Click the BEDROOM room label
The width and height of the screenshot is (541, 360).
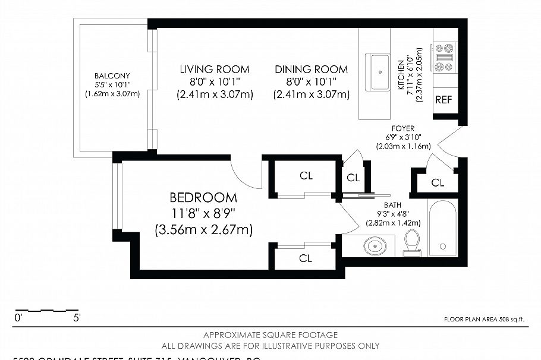(203, 198)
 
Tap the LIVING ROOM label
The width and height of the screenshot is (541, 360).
(215, 70)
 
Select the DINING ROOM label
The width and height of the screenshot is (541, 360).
(311, 70)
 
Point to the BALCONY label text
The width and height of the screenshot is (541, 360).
(112, 75)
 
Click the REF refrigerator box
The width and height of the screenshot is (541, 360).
(444, 100)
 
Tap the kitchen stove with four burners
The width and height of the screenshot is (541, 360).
(444, 58)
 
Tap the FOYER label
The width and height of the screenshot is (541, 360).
(402, 128)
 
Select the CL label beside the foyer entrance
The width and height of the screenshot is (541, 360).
(438, 183)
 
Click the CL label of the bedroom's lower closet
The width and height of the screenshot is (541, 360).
(306, 258)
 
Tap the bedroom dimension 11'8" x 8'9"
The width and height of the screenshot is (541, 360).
(203, 213)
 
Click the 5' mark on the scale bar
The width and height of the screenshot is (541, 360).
(77, 318)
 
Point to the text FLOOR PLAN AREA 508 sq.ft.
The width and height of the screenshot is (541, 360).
(485, 319)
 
